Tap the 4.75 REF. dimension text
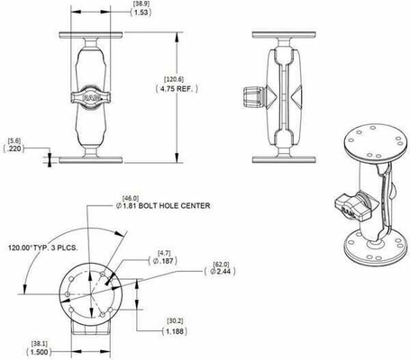[x=205, y=90]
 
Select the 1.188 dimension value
[x=176, y=332]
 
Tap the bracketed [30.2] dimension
[x=175, y=320]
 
